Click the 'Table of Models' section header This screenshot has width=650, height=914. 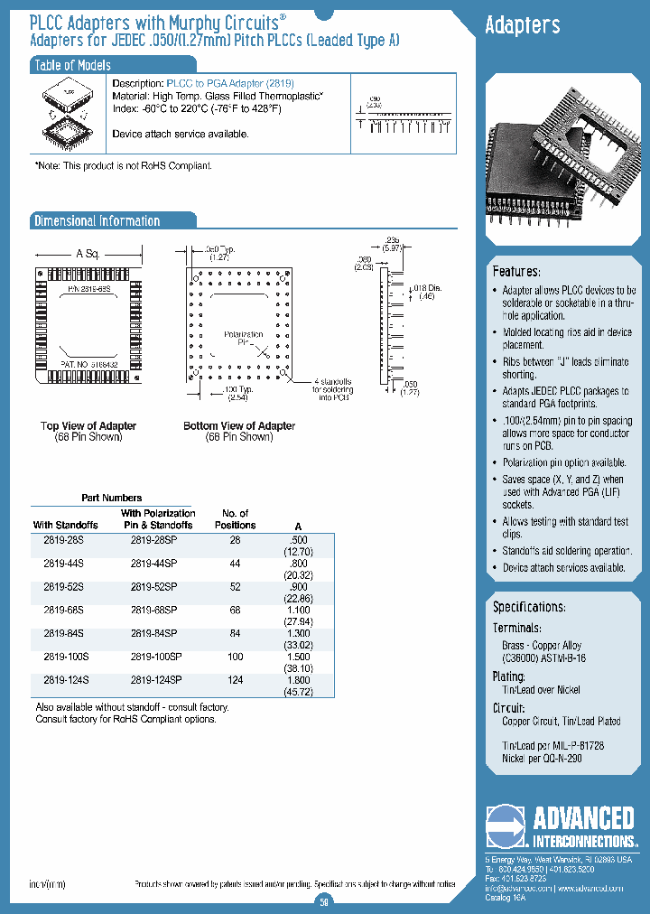pos(72,65)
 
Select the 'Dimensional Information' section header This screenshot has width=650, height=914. pos(97,221)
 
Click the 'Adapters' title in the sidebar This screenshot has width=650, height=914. pos(523,26)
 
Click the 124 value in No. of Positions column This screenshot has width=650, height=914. pos(236,679)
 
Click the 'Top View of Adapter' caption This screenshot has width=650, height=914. pos(88,425)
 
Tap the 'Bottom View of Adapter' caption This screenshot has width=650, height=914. pos(239,425)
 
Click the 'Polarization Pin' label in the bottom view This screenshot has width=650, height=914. pos(243,339)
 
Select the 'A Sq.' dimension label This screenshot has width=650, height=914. pos(88,254)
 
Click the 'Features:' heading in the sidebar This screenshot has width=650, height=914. pos(516,272)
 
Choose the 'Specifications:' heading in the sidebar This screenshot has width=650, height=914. pos(529,607)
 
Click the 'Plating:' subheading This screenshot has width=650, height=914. pos(508,676)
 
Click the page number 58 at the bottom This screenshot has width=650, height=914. pos(325,900)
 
